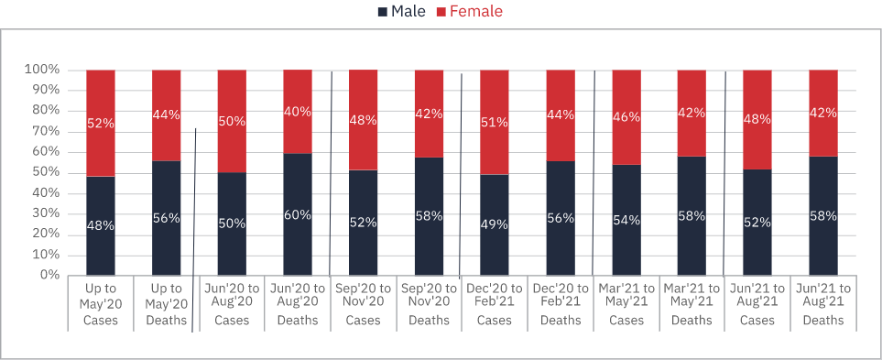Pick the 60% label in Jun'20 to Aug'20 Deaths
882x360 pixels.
click(x=298, y=215)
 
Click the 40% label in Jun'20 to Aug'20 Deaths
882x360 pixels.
click(x=298, y=112)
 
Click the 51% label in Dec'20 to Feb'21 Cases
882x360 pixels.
click(x=495, y=123)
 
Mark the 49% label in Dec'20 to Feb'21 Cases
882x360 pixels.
click(x=495, y=224)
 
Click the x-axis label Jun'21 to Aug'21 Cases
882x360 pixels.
click(x=757, y=304)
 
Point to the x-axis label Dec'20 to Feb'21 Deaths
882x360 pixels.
click(x=561, y=304)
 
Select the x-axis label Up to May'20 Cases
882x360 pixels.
click(x=100, y=304)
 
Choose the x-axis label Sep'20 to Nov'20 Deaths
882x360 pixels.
click(x=430, y=304)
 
